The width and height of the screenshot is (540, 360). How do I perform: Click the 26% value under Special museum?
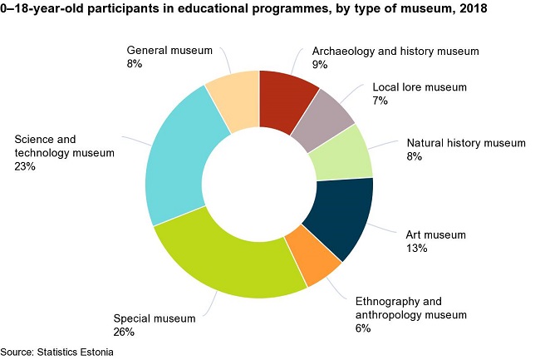tap(123, 333)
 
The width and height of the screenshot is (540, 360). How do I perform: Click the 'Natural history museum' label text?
tap(466, 142)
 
